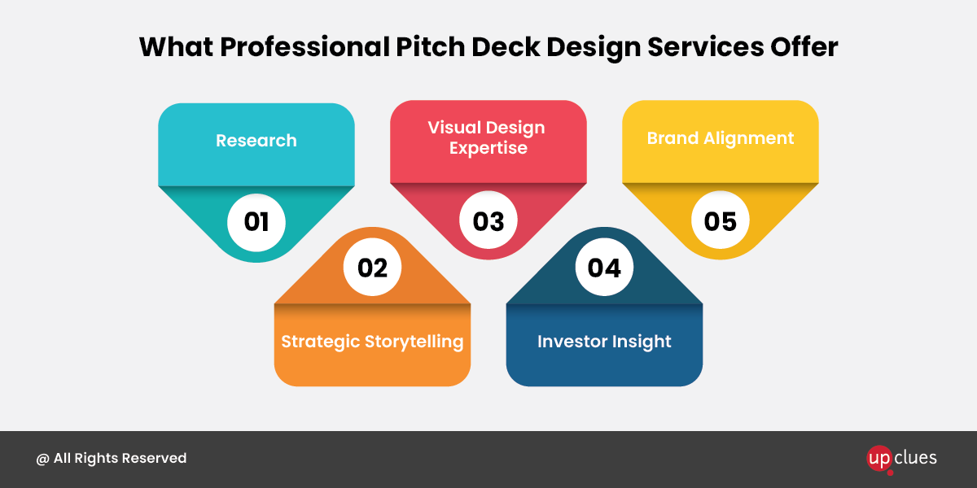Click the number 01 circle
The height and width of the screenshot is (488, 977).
[256, 222]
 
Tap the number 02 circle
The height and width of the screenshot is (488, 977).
[372, 267]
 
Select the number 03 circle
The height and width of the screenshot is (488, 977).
[488, 220]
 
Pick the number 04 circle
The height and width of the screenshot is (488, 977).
[604, 267]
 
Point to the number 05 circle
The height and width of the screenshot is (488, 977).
[721, 220]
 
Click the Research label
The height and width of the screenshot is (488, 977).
[256, 140]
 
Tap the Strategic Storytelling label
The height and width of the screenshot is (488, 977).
[372, 342]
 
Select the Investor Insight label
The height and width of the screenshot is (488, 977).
[604, 342]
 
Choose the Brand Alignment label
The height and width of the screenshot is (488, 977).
[721, 138]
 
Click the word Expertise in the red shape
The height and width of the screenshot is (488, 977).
[488, 148]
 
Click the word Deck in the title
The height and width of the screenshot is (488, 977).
[506, 46]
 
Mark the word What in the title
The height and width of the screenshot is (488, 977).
[177, 46]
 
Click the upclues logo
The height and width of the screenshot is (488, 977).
[901, 460]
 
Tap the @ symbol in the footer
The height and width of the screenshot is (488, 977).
[42, 459]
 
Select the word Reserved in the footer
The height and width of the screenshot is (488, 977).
[154, 458]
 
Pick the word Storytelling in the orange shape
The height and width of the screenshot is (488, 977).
[414, 342]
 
